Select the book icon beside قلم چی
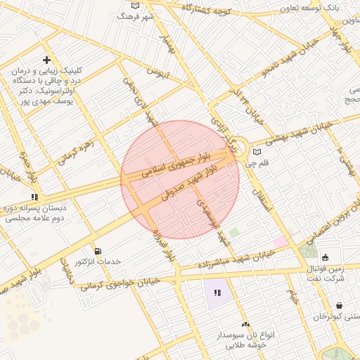click(x=257, y=152)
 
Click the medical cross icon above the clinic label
click(x=46, y=60)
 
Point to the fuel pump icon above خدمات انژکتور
click(x=97, y=251)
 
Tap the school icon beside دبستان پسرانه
click(x=34, y=197)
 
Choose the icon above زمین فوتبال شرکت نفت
click(x=325, y=257)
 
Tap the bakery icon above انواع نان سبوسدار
click(x=245, y=324)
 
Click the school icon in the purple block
click(x=216, y=292)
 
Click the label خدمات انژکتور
click(x=98, y=262)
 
